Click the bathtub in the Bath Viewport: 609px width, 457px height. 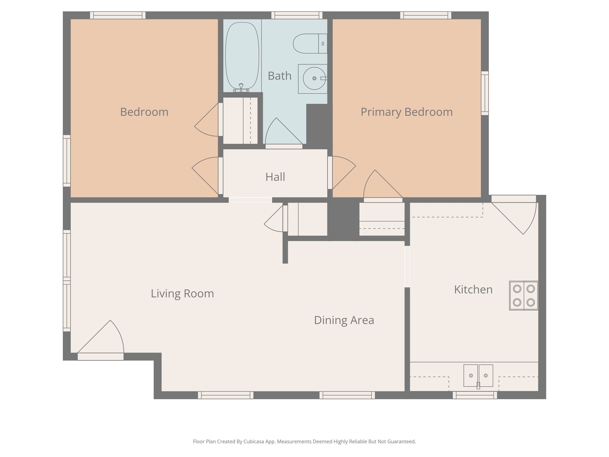pyautogui.click(x=242, y=55)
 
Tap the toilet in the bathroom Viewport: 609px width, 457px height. pyautogui.click(x=309, y=44)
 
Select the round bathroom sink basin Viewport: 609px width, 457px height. pyautogui.click(x=314, y=79)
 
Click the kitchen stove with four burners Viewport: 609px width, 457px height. pyautogui.click(x=524, y=296)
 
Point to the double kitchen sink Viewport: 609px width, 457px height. pyautogui.click(x=478, y=376)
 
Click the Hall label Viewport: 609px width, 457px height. pyautogui.click(x=275, y=177)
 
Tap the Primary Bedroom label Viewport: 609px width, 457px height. pyautogui.click(x=406, y=112)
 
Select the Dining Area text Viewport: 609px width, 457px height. pyautogui.click(x=344, y=320)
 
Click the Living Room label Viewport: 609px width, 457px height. pyautogui.click(x=182, y=294)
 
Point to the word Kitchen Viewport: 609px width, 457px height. pyautogui.click(x=473, y=289)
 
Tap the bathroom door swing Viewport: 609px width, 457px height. pyautogui.click(x=282, y=134)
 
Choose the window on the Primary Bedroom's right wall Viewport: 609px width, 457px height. pyautogui.click(x=485, y=93)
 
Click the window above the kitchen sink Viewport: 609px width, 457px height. pyautogui.click(x=475, y=395)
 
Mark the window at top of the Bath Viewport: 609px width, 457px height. pyautogui.click(x=296, y=15)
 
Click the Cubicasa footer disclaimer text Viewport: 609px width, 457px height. pyautogui.click(x=304, y=442)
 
